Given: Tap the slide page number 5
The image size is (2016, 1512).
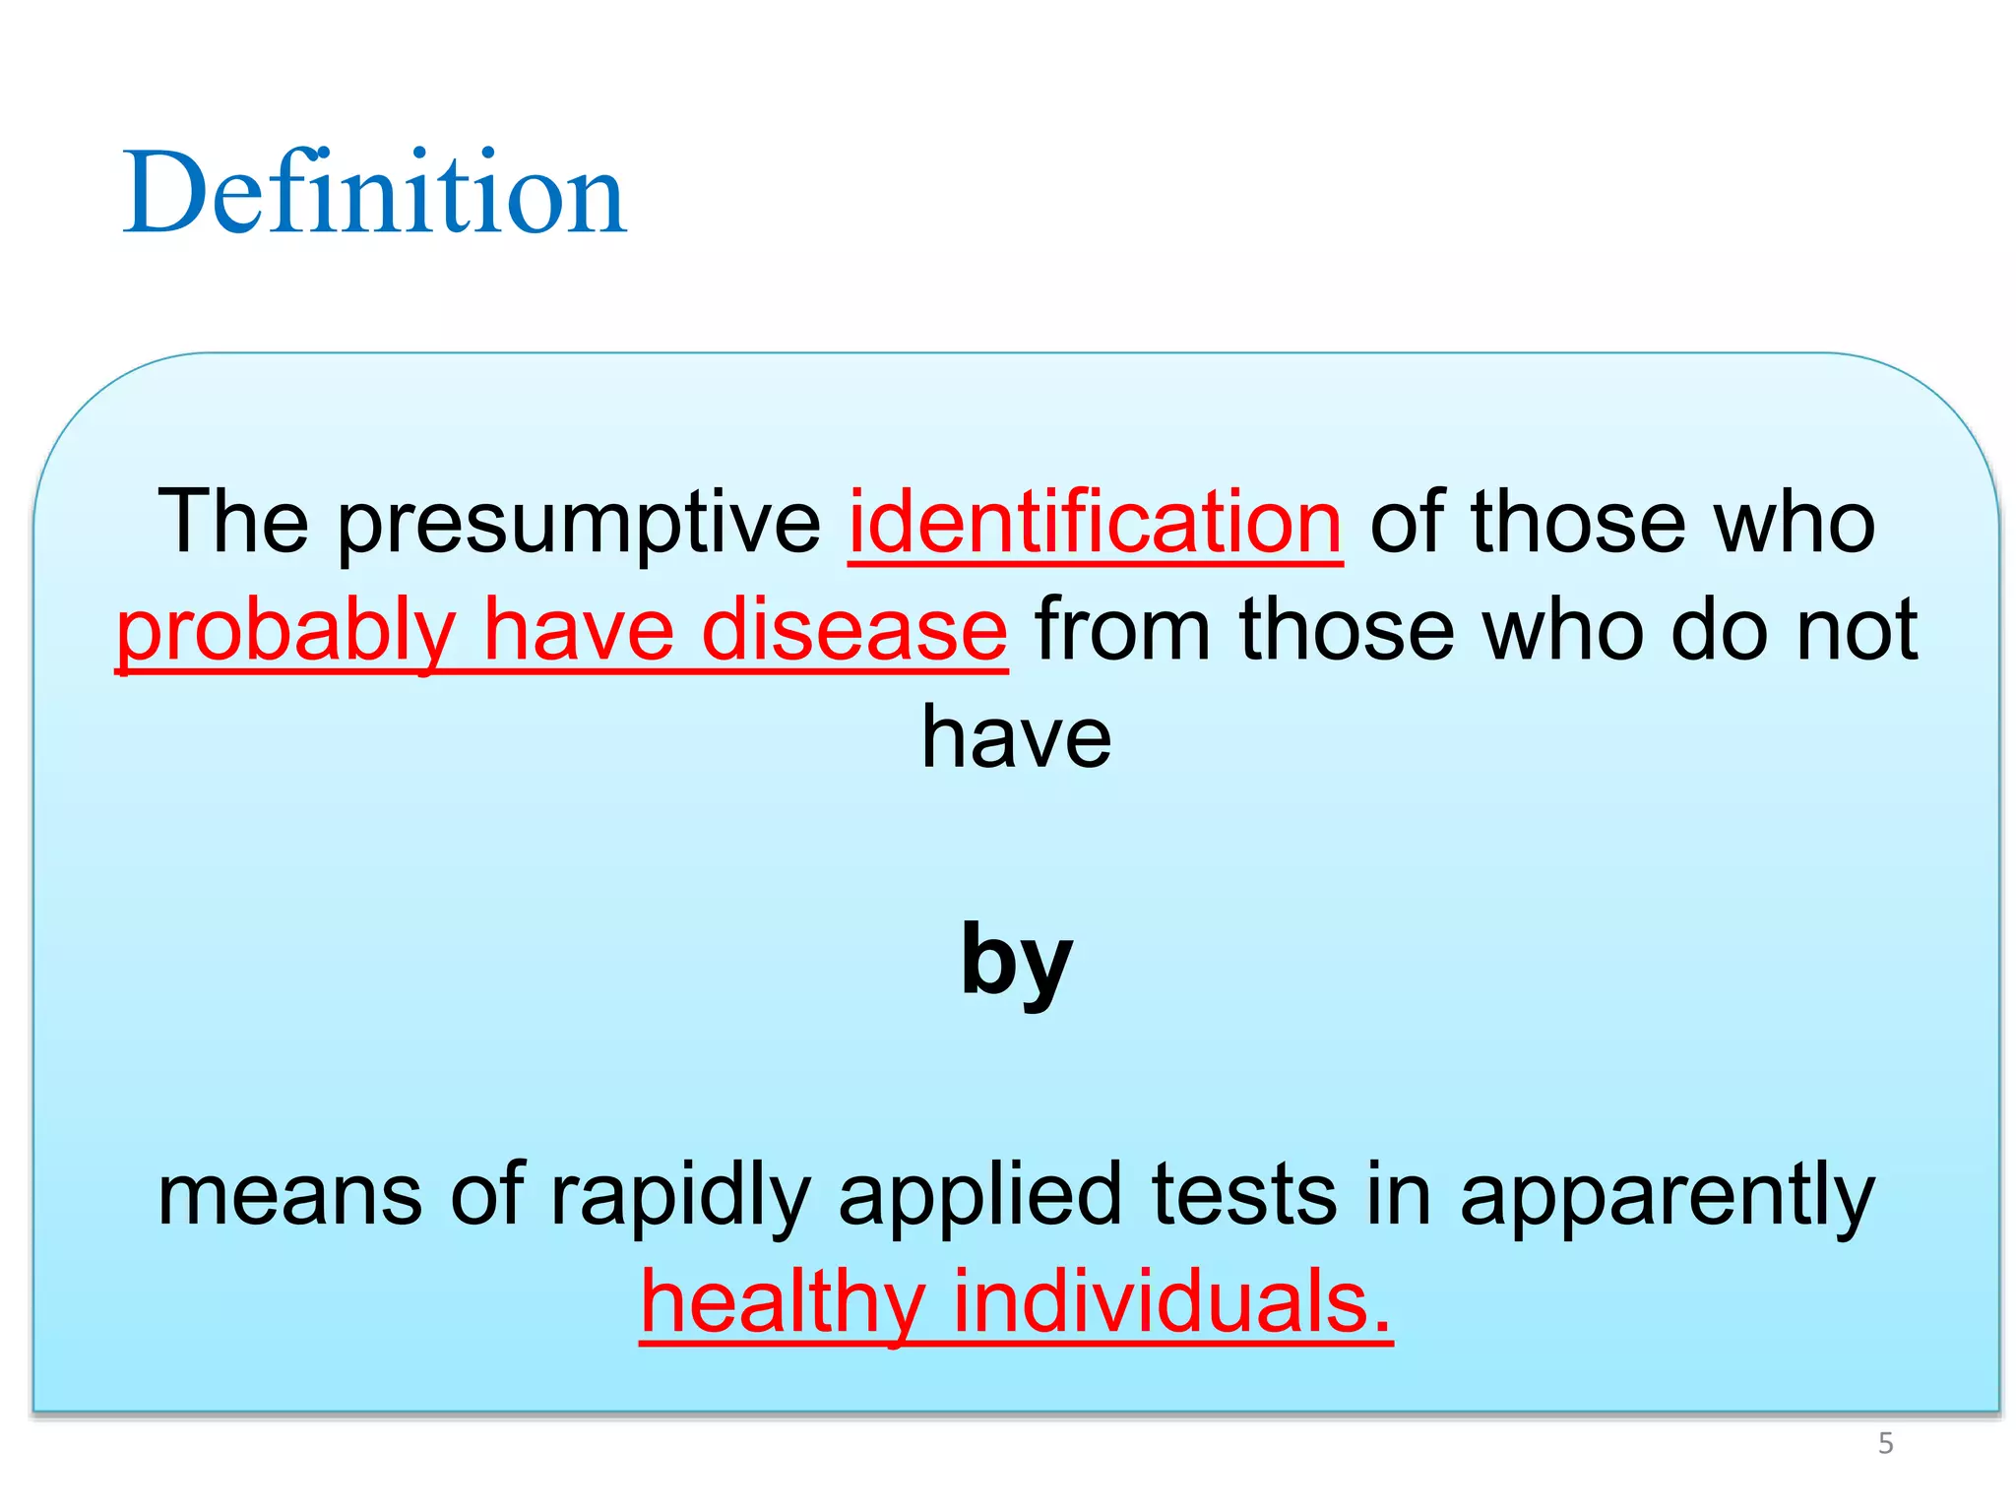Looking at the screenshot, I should pos(1885,1443).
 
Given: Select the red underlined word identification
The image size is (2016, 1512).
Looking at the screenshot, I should pos(1095,522).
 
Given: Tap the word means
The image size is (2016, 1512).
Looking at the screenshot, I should pos(291,1194).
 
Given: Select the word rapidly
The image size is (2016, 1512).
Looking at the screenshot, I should pos(680,1196).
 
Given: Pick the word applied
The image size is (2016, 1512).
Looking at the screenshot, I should pos(979,1196).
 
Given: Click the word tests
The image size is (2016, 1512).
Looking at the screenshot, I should pos(1243,1194).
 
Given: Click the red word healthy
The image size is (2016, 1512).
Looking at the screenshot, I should pos(783,1303).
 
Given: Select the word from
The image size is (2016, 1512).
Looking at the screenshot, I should pos(1122,630).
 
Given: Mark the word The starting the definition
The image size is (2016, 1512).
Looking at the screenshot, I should pos(232,522).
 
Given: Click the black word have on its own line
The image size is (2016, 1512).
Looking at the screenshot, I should pos(1016,737).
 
